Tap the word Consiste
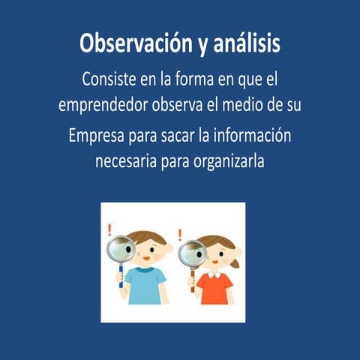[x=110, y=78]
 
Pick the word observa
[x=184, y=104]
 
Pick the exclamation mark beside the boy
[x=109, y=229]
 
